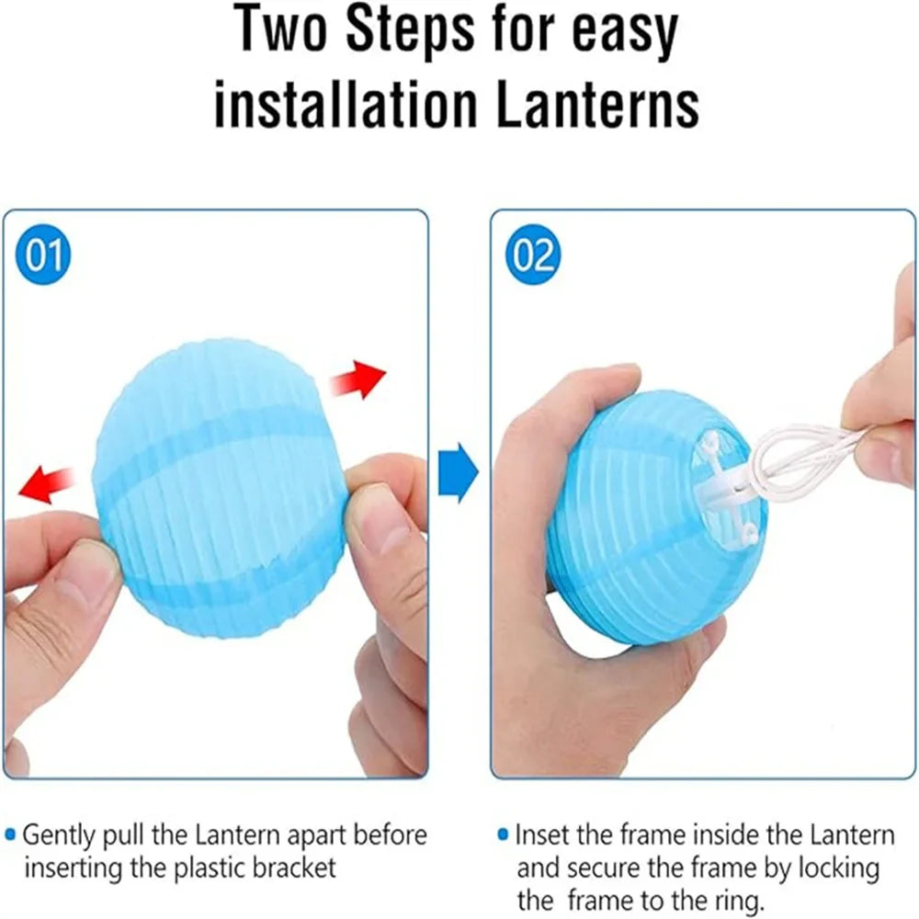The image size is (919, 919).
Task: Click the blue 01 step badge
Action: tap(43, 255)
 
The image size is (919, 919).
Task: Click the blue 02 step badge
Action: tap(533, 255)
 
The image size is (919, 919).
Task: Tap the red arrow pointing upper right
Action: tap(357, 380)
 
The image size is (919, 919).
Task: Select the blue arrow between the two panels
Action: tap(458, 472)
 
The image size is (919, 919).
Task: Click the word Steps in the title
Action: tap(410, 30)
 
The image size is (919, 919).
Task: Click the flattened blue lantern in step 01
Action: tap(220, 488)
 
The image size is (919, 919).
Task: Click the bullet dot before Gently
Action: tap(10, 834)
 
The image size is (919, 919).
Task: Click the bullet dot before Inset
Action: tap(503, 834)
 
